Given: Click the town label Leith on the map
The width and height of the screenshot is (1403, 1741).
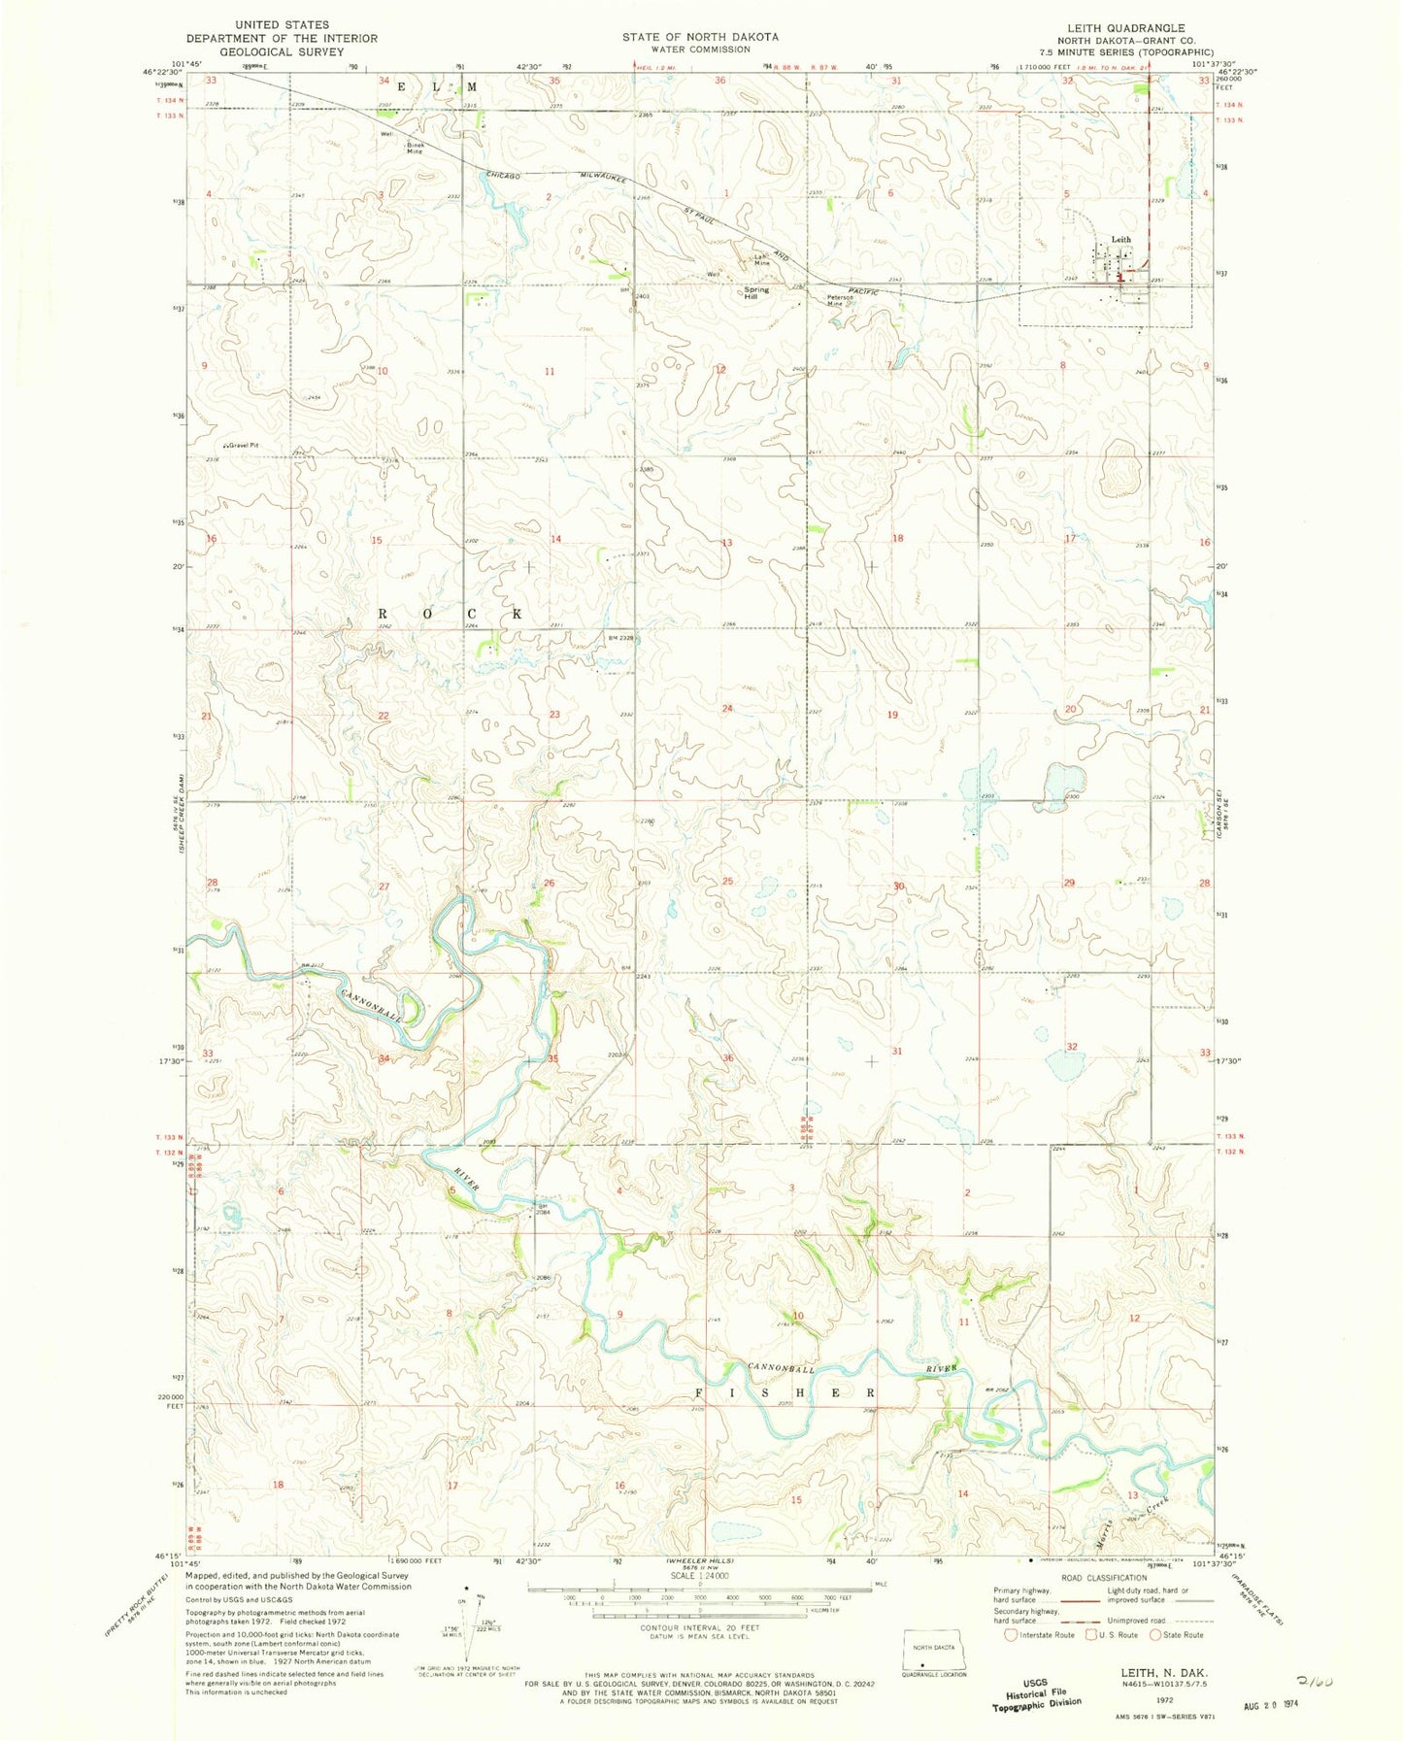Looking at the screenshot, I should coord(1121,239).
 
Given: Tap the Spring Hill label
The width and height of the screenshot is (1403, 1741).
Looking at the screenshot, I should coord(756,293).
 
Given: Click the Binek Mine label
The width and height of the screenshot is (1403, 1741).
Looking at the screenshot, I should coord(416,148).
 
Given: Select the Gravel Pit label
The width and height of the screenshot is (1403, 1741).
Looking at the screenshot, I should coord(243,446).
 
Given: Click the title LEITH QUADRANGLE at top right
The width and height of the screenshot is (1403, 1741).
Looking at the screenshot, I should coord(1131,28).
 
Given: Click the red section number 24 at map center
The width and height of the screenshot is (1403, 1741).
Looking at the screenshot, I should coord(727,709).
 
